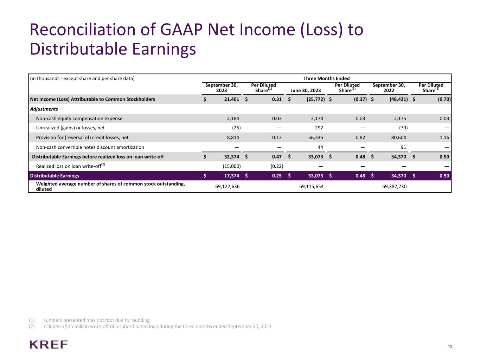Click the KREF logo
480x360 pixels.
(x=49, y=345)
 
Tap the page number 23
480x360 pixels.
(x=449, y=347)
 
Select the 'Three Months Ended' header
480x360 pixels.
(x=326, y=78)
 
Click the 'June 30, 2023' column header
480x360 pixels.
(x=306, y=90)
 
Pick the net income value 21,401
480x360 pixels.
(x=231, y=99)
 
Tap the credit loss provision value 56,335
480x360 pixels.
(x=315, y=137)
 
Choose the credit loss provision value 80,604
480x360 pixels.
(x=398, y=137)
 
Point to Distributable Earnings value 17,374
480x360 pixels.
(x=231, y=176)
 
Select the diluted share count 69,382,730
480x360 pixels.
(x=394, y=186)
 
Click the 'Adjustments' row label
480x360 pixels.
(x=44, y=109)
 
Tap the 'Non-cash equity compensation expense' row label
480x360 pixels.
(x=79, y=118)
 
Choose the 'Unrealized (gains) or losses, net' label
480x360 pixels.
(x=70, y=128)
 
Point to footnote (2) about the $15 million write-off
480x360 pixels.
(x=156, y=326)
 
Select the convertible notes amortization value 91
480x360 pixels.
(x=403, y=147)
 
